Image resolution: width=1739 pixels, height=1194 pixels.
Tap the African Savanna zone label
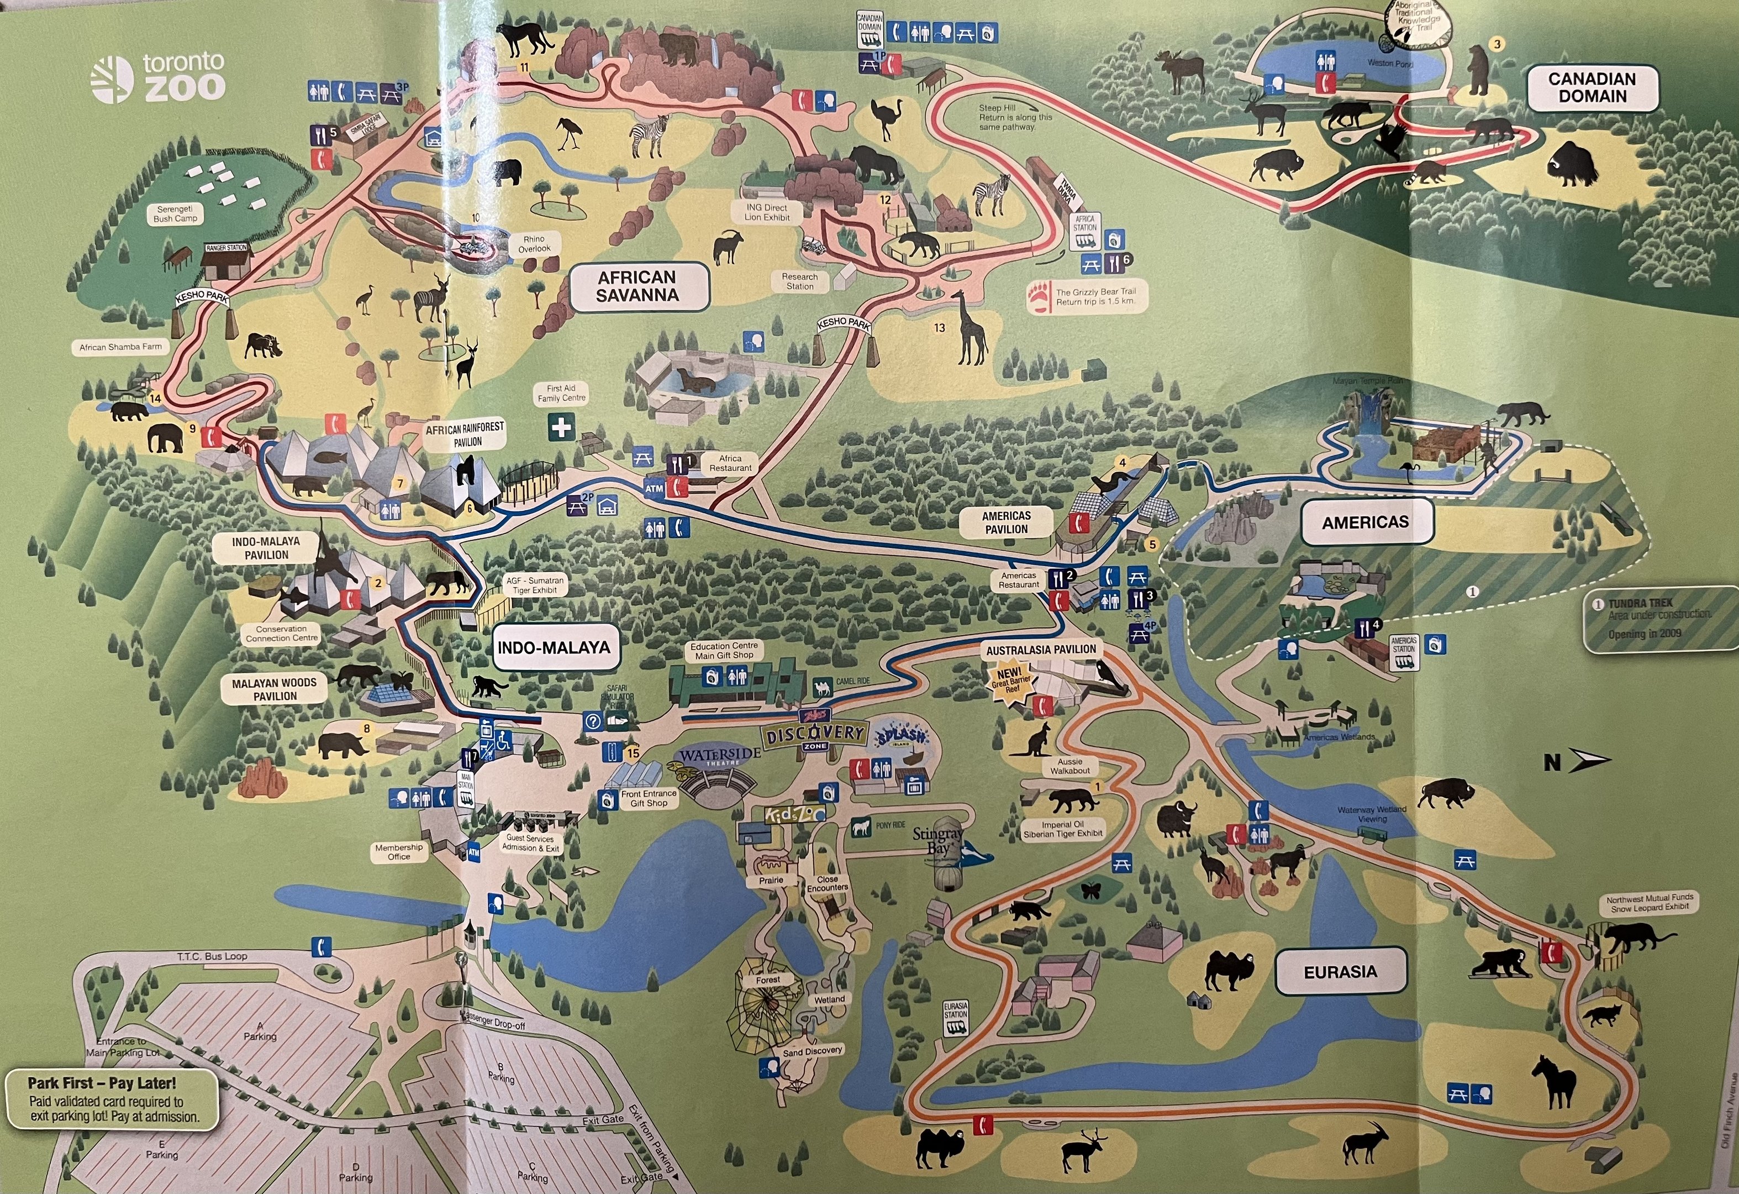pos(637,286)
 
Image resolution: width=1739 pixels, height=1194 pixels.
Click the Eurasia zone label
pos(1340,972)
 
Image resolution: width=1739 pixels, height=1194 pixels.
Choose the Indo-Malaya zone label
pos(554,647)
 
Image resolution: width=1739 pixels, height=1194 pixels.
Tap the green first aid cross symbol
pos(561,428)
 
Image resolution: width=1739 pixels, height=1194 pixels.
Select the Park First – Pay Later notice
pos(112,1099)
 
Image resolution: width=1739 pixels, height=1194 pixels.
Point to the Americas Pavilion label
pos(1006,522)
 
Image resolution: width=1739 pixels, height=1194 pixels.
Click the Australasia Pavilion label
pos(1041,650)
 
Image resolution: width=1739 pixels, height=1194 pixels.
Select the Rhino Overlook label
pos(534,244)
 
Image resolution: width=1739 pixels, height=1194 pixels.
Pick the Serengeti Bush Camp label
pos(175,213)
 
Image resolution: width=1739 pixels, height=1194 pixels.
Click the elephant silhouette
pos(165,438)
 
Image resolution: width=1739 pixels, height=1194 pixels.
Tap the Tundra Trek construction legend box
pos(1659,619)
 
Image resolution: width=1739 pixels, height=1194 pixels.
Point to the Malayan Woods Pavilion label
pos(275,689)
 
